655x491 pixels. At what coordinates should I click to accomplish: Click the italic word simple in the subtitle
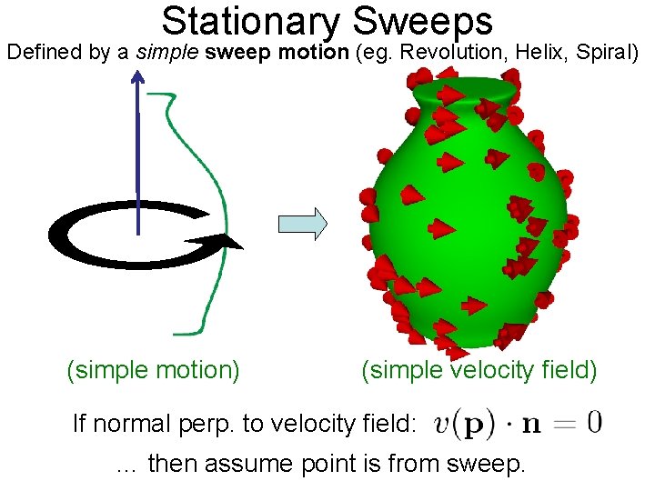168,52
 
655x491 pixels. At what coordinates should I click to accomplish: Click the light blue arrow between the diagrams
301,223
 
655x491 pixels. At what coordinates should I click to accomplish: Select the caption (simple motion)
153,370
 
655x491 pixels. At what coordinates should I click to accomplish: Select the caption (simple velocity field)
479,370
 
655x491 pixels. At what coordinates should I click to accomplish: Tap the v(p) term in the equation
465,423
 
